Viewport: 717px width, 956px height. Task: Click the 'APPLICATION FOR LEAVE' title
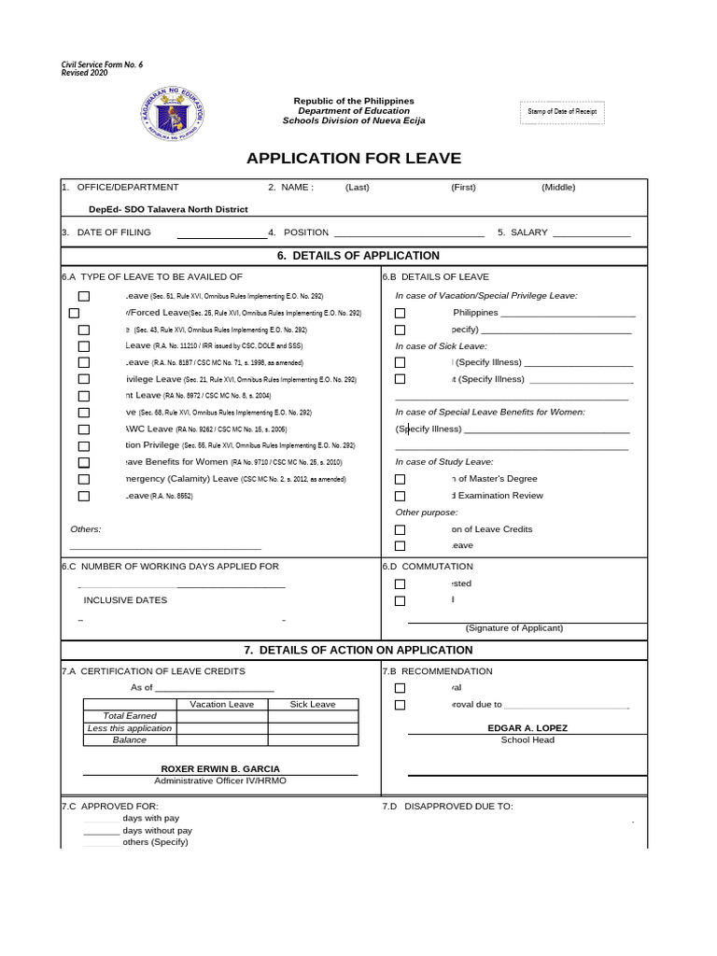[x=354, y=158]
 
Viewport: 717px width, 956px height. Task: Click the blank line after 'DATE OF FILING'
[x=221, y=233]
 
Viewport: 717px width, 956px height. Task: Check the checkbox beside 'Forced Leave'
[x=74, y=313]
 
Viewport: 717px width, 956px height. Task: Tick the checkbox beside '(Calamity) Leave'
[x=84, y=479]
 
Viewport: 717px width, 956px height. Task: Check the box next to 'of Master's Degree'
[x=400, y=479]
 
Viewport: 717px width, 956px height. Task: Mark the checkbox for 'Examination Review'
[x=400, y=496]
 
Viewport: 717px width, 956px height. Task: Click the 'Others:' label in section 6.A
[x=85, y=529]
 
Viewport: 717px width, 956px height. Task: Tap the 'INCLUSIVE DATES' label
[x=125, y=600]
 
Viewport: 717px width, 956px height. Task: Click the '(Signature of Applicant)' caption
[x=512, y=628]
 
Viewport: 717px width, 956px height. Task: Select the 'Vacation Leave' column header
[x=221, y=705]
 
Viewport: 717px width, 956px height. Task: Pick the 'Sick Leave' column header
[x=312, y=705]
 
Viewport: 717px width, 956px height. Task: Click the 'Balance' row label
[x=129, y=739]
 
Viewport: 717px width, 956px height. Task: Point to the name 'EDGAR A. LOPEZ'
[x=527, y=728]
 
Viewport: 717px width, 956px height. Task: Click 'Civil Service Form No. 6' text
[x=102, y=64]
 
